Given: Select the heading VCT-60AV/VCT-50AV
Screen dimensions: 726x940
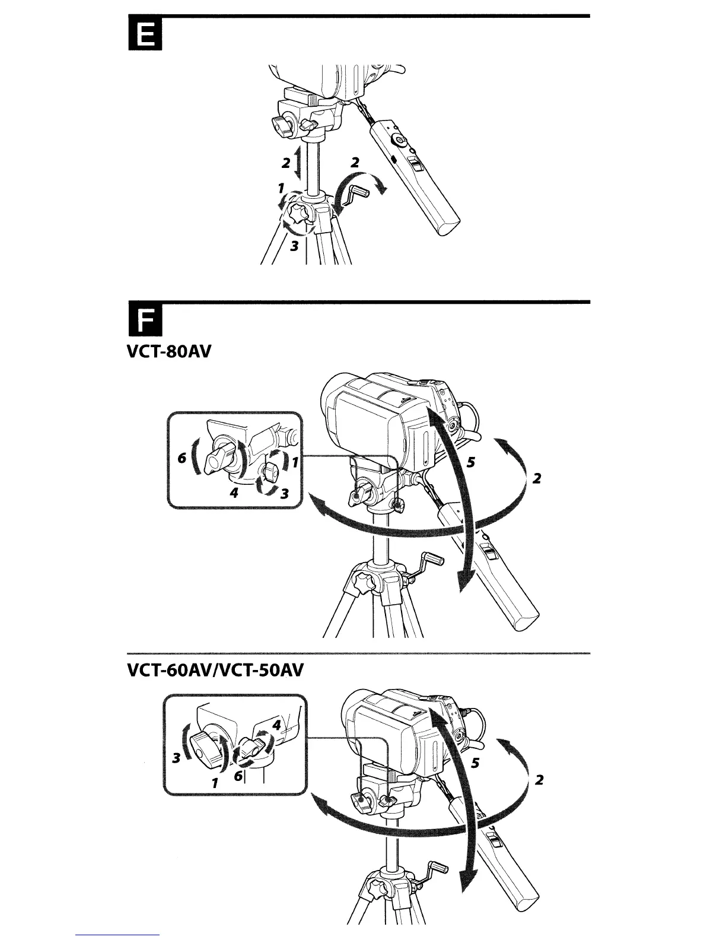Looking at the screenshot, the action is coord(215,671).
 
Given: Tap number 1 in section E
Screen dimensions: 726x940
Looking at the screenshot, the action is coord(281,188).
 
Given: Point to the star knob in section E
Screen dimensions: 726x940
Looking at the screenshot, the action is coord(297,212).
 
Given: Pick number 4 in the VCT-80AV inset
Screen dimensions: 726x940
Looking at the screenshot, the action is coord(234,493).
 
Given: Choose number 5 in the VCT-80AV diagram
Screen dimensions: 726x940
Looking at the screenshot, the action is coord(470,463).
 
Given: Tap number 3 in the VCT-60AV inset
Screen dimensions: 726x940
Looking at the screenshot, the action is coord(176,758).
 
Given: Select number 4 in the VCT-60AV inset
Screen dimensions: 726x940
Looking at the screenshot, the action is coord(276,725).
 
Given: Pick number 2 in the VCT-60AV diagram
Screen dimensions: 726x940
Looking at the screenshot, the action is coord(539,779).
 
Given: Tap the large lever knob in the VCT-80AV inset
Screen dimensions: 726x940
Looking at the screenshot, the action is coord(218,459).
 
